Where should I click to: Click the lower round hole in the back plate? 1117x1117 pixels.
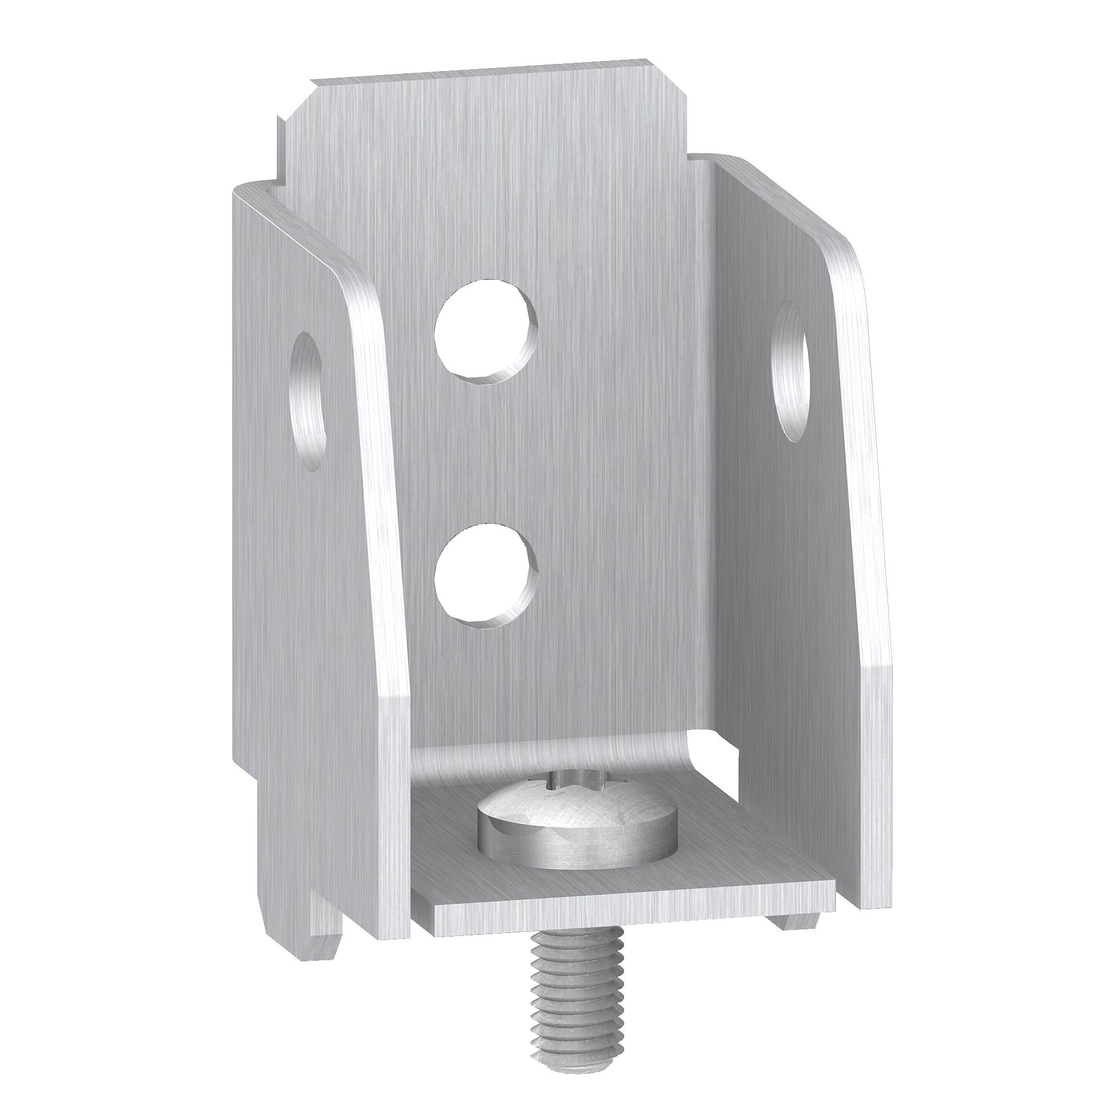pyautogui.click(x=485, y=573)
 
